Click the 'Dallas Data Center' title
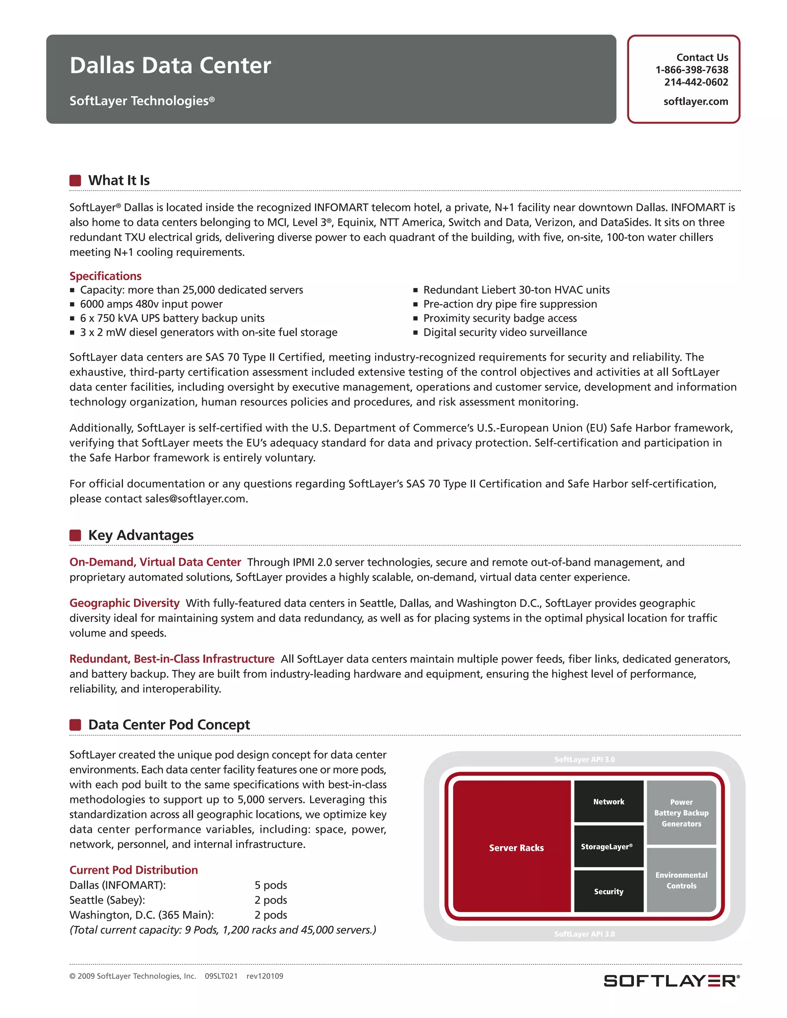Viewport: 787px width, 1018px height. point(170,65)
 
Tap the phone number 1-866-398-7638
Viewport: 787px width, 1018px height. point(691,70)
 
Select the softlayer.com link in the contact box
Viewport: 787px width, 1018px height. point(696,102)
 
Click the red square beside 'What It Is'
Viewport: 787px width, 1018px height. point(75,181)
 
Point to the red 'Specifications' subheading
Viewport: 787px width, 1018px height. point(105,276)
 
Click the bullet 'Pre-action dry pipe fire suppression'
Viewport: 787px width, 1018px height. point(510,304)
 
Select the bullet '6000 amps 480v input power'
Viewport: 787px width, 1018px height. point(151,304)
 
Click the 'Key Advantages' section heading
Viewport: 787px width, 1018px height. point(141,535)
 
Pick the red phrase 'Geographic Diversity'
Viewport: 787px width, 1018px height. point(125,603)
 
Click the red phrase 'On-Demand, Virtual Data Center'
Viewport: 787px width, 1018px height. point(155,562)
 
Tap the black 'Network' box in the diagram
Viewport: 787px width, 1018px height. point(608,802)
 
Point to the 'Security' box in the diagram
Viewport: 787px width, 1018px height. point(608,891)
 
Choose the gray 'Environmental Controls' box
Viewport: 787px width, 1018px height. point(681,880)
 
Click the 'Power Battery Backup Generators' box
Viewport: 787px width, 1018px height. point(681,813)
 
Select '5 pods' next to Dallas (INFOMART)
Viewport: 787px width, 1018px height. point(271,885)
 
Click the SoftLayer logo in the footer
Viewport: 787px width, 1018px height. point(671,981)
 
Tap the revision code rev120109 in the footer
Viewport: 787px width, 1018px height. point(264,976)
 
